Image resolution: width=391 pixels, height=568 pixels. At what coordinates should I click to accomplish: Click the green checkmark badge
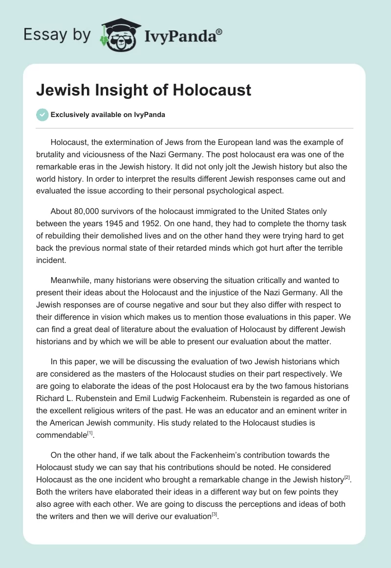pyautogui.click(x=42, y=115)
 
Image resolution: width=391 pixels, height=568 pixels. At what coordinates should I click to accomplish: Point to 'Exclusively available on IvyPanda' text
pyautogui.click(x=108, y=115)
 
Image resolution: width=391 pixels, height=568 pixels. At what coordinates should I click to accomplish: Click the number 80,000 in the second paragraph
pyautogui.click(x=87, y=211)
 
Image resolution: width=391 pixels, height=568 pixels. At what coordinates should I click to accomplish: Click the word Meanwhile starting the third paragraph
pyautogui.click(x=72, y=280)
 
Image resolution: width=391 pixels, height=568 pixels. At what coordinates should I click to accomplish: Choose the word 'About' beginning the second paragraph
pyautogui.click(x=61, y=211)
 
